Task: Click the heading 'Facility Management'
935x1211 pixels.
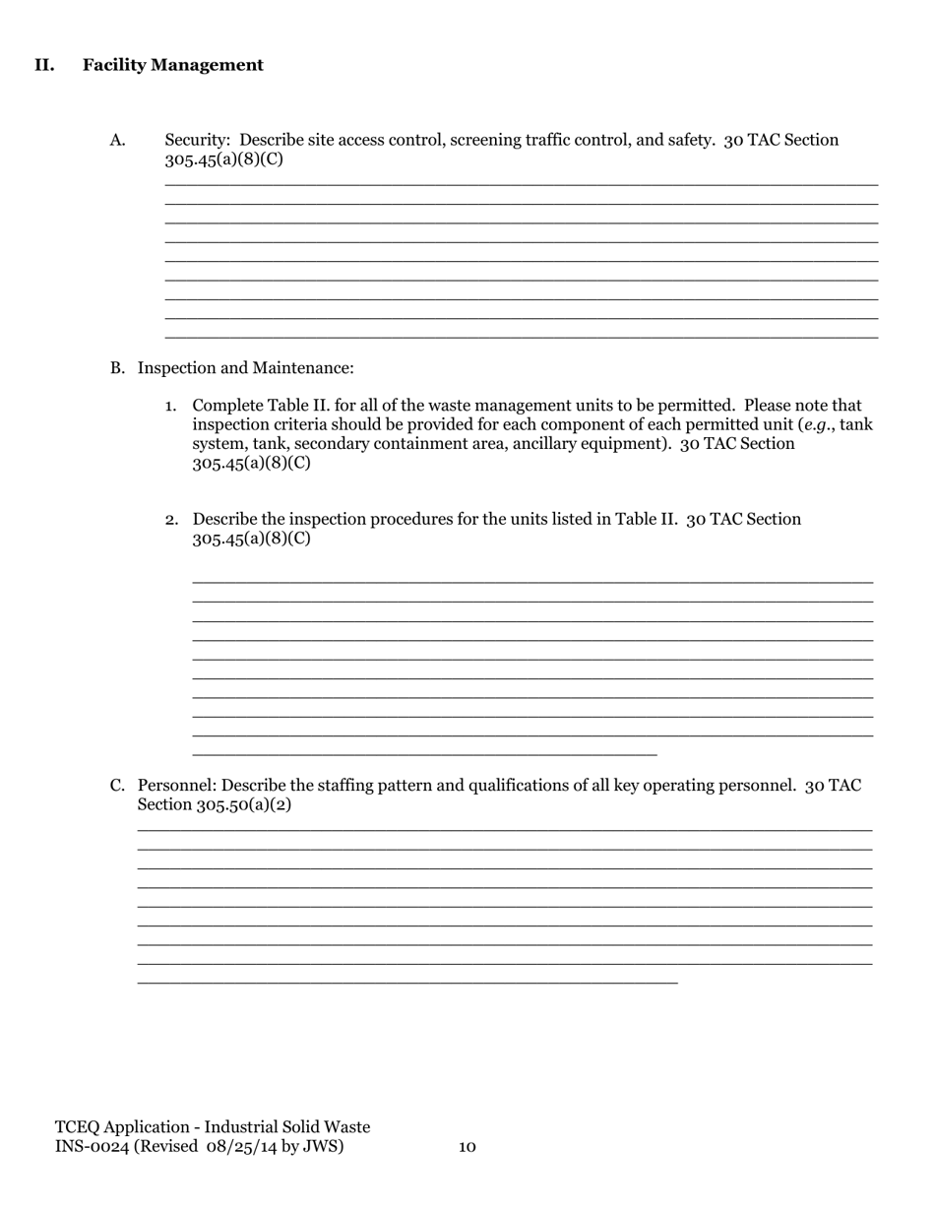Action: point(173,65)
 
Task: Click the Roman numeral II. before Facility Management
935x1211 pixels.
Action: point(44,65)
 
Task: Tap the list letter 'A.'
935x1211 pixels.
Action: point(118,140)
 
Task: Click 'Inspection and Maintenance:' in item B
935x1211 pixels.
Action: point(245,368)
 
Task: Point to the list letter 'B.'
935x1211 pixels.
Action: point(117,368)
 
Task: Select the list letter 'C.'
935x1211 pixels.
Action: point(117,786)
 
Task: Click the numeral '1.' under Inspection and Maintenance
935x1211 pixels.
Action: point(171,406)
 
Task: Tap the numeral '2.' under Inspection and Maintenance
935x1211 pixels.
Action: point(171,519)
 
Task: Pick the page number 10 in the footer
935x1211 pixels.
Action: point(467,1147)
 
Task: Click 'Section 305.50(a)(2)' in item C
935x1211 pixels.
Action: point(215,805)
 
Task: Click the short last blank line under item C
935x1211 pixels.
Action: point(407,983)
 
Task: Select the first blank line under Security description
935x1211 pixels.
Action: point(522,184)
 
